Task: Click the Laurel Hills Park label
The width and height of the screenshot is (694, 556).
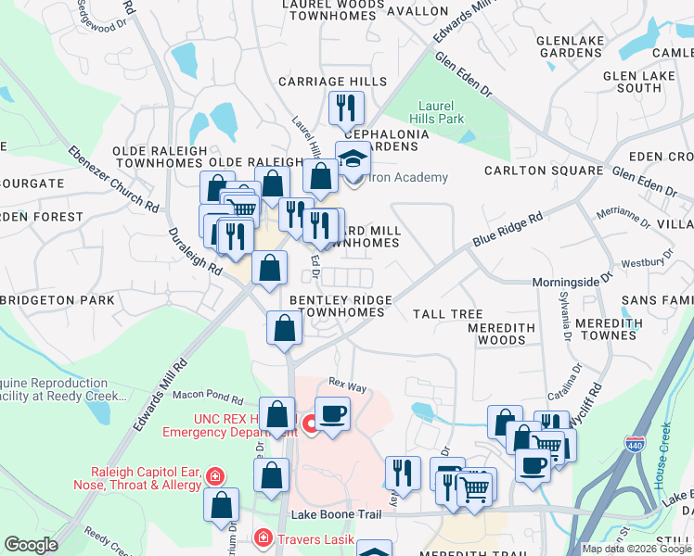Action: (441, 112)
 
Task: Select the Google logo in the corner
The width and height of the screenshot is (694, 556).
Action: (31, 545)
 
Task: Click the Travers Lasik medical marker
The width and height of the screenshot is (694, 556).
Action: (263, 537)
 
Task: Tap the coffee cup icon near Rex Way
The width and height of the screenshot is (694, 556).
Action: (332, 412)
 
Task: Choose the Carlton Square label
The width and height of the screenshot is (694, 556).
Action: (545, 171)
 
